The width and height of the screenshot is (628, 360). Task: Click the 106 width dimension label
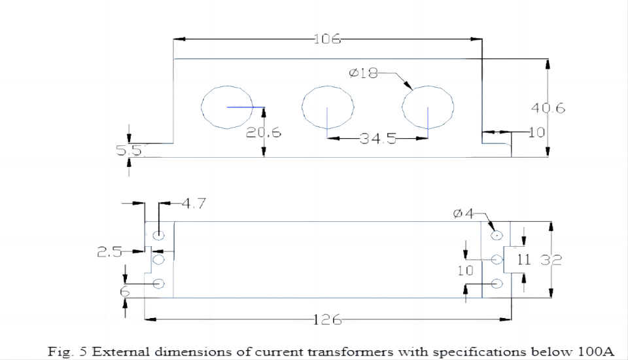coord(327,39)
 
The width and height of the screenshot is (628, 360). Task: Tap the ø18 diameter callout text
coord(363,73)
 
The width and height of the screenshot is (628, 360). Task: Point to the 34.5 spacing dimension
coord(377,138)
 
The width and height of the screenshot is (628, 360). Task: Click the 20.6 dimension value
coord(264,133)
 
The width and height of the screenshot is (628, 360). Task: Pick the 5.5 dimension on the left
coord(128,151)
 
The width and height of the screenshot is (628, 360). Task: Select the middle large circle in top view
coord(328,107)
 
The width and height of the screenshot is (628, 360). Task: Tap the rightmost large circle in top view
coord(428,107)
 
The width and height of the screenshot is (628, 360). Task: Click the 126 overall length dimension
coord(327,319)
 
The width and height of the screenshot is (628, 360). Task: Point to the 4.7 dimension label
coord(194,204)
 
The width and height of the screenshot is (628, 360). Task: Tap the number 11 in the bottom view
coord(523,260)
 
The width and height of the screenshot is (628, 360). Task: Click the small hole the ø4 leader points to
coord(497,234)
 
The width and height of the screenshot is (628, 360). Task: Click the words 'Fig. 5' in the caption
coord(67,351)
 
